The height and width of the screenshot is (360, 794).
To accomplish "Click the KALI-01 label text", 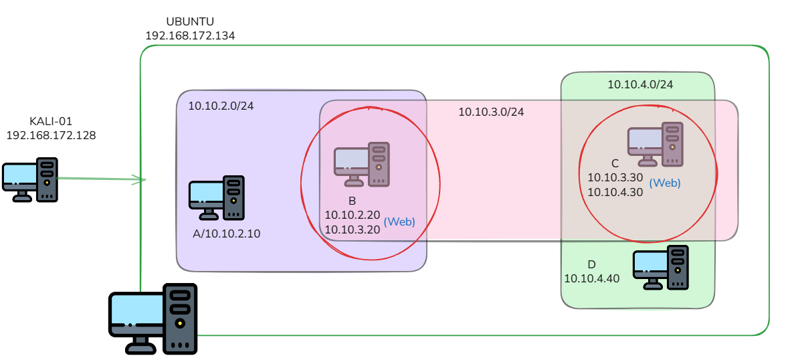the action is [51, 122].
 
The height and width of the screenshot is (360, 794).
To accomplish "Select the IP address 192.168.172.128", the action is [51, 135].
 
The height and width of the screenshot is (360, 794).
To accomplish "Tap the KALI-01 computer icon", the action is [30, 180].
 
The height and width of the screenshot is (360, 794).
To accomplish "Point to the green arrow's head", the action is [142, 179].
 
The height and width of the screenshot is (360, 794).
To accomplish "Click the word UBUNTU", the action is [190, 22].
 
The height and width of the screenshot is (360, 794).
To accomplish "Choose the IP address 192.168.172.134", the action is [190, 35].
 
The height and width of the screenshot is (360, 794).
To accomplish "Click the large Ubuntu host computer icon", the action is [153, 319].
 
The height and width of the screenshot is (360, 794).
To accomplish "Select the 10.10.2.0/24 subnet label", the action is [221, 106].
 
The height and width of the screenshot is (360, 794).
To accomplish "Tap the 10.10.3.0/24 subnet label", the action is [491, 112].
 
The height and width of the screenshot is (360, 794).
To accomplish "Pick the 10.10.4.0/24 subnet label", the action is [640, 84].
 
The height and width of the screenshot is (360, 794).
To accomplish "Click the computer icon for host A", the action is [217, 198].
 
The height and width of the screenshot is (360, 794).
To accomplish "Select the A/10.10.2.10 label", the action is [226, 234].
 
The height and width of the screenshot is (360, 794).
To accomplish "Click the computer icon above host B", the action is [362, 165].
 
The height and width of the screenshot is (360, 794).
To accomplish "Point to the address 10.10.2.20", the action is [353, 215].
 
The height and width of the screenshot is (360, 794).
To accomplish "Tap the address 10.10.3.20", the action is [353, 229].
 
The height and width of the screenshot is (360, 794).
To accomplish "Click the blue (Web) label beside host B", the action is [399, 221].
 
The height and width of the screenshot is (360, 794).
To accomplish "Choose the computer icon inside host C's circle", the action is [656, 144].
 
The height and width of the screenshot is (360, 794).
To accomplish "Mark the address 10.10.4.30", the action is [615, 192].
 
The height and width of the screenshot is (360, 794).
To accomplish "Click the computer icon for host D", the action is [661, 268].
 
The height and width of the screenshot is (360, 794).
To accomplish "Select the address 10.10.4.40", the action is [592, 278].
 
